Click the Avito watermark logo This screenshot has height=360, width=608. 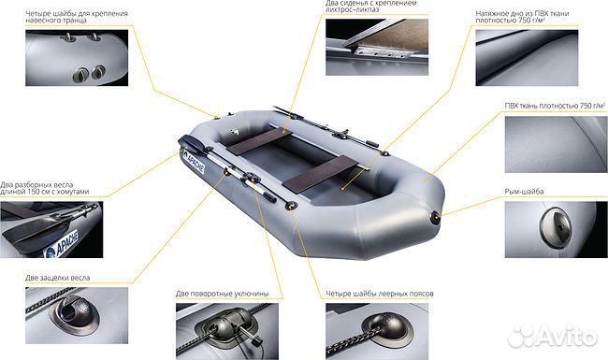pos(552,337)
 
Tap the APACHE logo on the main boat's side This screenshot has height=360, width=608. pos(194,162)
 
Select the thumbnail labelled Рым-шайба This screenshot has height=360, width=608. pos(556,229)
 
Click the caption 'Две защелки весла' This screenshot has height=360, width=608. pos(58,278)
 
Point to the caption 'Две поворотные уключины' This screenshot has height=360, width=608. pos(223,294)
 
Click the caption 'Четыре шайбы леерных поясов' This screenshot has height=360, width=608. pos(380,294)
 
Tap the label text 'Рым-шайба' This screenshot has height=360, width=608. pos(524,192)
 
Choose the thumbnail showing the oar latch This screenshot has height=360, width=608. pos(77,315)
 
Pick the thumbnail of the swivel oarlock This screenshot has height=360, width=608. pos(227,331)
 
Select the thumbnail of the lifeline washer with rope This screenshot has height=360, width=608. pos(377,331)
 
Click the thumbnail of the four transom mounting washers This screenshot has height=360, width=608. pos(77,58)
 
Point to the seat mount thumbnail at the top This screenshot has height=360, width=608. pos(377,48)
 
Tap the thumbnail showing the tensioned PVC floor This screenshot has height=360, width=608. pos(527,58)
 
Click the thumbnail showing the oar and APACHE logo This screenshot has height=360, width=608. pos(51,229)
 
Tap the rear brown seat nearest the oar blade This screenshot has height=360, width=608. pos(259,141)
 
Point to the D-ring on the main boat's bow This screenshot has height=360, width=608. pos(436,217)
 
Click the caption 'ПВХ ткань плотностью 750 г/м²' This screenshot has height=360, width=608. pos(555,106)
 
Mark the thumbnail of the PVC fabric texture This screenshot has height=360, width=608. pos(556,145)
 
